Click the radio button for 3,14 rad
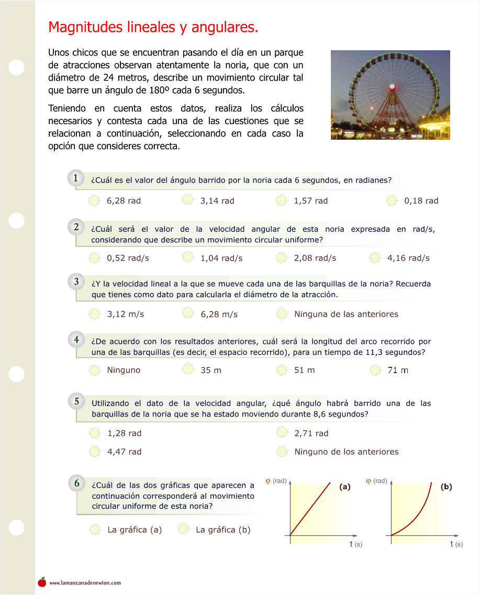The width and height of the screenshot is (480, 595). tap(188, 200)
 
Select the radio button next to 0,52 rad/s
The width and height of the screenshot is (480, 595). tap(94, 257)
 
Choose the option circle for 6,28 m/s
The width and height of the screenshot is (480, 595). tap(188, 313)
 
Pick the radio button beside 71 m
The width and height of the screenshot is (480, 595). tap(375, 370)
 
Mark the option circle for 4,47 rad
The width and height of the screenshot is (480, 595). tap(95, 451)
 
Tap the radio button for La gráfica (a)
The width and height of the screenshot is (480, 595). tap(95, 529)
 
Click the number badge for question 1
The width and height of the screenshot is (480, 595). tap(76, 178)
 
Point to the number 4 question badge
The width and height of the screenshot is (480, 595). tap(76, 340)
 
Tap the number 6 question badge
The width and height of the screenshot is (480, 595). tap(76, 483)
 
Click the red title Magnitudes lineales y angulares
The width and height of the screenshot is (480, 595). tap(153, 27)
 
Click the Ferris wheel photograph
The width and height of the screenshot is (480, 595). tap(390, 95)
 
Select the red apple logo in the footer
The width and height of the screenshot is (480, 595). tap(42, 582)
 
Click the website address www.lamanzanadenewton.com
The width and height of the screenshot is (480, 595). tap(85, 582)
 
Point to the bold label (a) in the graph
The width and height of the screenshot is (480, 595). tap(344, 487)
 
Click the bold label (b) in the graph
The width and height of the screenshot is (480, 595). tap(446, 487)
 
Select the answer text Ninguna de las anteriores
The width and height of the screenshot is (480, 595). tap(346, 314)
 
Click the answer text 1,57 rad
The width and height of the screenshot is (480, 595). tap(310, 200)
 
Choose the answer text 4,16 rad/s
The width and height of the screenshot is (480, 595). tap(408, 258)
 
